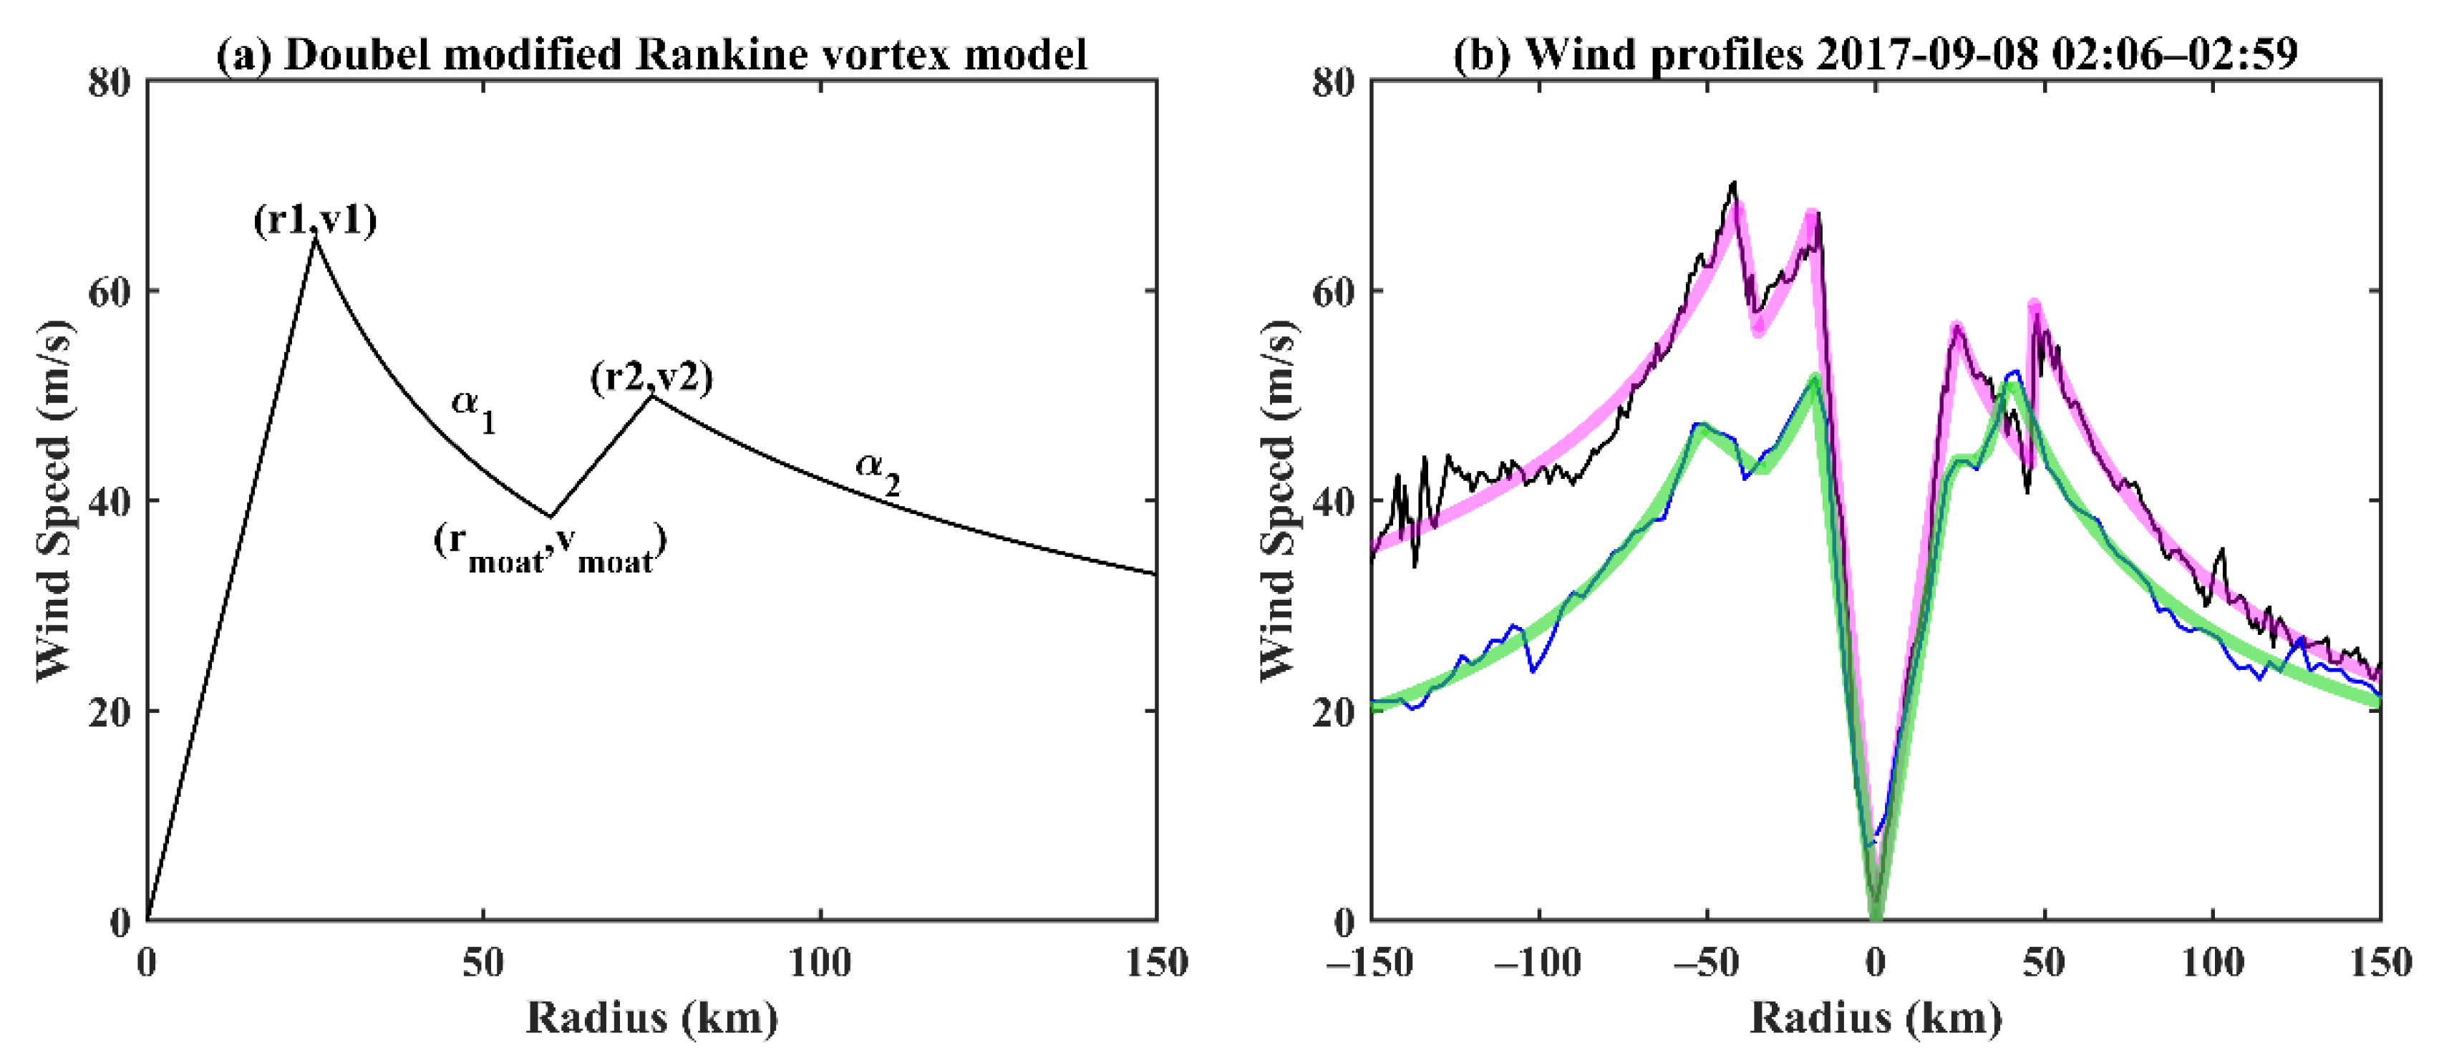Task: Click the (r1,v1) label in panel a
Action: pyautogui.click(x=314, y=220)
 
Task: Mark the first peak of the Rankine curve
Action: pyautogui.click(x=315, y=238)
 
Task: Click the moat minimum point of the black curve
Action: pyautogui.click(x=550, y=516)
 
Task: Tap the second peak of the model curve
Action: pyautogui.click(x=651, y=396)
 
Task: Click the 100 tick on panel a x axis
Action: pyautogui.click(x=820, y=963)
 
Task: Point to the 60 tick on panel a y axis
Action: pyautogui.click(x=108, y=291)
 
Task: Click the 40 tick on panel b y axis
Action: pyautogui.click(x=1332, y=501)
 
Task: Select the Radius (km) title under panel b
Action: pyautogui.click(x=1875, y=1019)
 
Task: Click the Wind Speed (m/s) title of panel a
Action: pyautogui.click(x=54, y=500)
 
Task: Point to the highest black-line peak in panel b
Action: pyautogui.click(x=1734, y=183)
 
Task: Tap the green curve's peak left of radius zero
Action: pyautogui.click(x=1814, y=378)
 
